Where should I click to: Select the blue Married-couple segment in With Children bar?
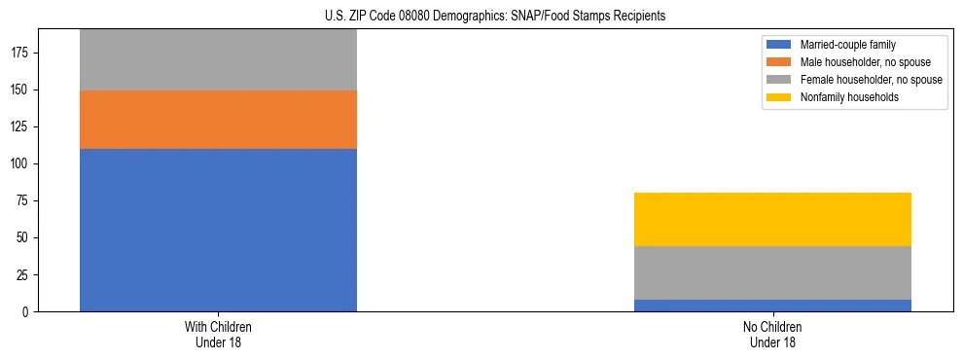tap(218, 230)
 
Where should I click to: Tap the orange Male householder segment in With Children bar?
tap(218, 120)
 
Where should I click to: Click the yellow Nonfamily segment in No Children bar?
tap(772, 219)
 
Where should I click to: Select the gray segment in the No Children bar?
tap(772, 272)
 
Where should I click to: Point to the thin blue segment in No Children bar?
tap(772, 306)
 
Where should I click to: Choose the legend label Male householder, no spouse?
tap(865, 62)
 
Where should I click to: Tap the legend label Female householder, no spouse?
tap(871, 80)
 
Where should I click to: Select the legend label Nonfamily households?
tap(848, 97)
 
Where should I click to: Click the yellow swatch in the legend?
tap(779, 97)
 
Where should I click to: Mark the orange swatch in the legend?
tap(779, 62)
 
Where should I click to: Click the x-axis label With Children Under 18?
tap(218, 335)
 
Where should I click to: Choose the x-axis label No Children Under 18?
tap(772, 335)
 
